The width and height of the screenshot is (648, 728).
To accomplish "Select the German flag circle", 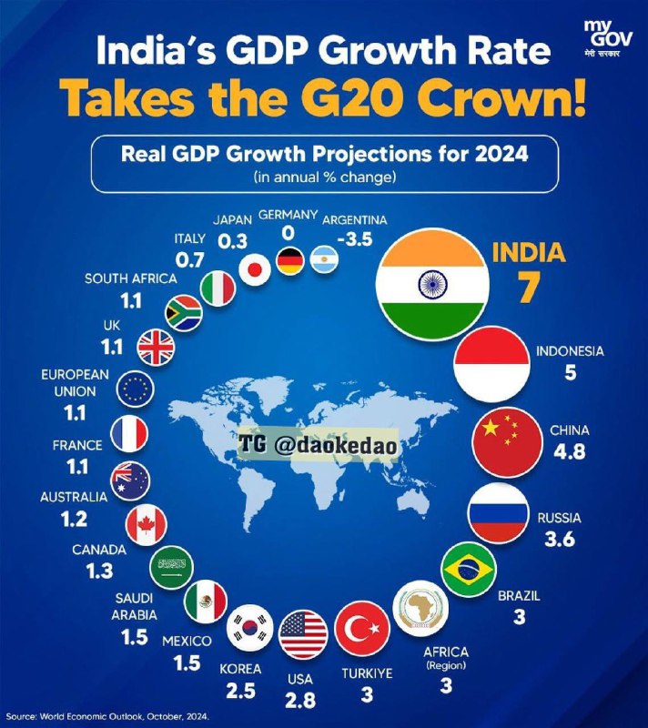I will pyautogui.click(x=291, y=260).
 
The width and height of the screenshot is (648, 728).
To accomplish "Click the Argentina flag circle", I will pyautogui.click(x=325, y=262).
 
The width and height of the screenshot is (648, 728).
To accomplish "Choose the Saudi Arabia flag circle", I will pyautogui.click(x=170, y=569).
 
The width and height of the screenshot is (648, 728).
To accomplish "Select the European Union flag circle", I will pyautogui.click(x=135, y=390).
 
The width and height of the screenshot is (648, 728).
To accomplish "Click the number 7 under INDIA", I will pyautogui.click(x=529, y=286).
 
